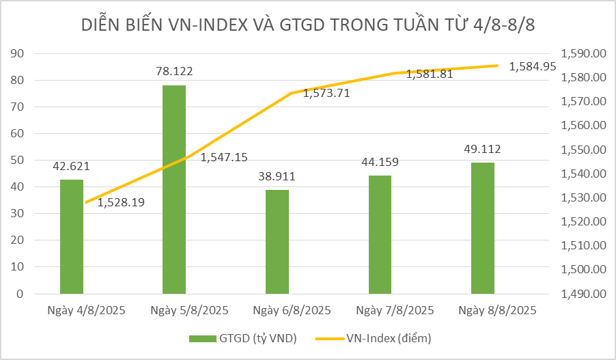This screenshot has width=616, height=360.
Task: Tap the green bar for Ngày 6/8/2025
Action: click(x=277, y=242)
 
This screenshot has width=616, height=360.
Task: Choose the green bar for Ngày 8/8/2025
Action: click(x=483, y=228)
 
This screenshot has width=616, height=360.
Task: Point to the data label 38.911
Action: click(x=277, y=176)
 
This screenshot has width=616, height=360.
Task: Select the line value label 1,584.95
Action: click(x=533, y=66)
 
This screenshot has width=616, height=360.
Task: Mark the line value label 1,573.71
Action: click(x=326, y=94)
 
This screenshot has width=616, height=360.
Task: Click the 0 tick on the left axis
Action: click(x=20, y=294)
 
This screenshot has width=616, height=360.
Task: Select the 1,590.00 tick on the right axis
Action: click(x=582, y=53)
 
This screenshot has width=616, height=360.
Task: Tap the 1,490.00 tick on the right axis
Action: click(x=582, y=294)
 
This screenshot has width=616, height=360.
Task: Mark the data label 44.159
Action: click(x=380, y=162)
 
